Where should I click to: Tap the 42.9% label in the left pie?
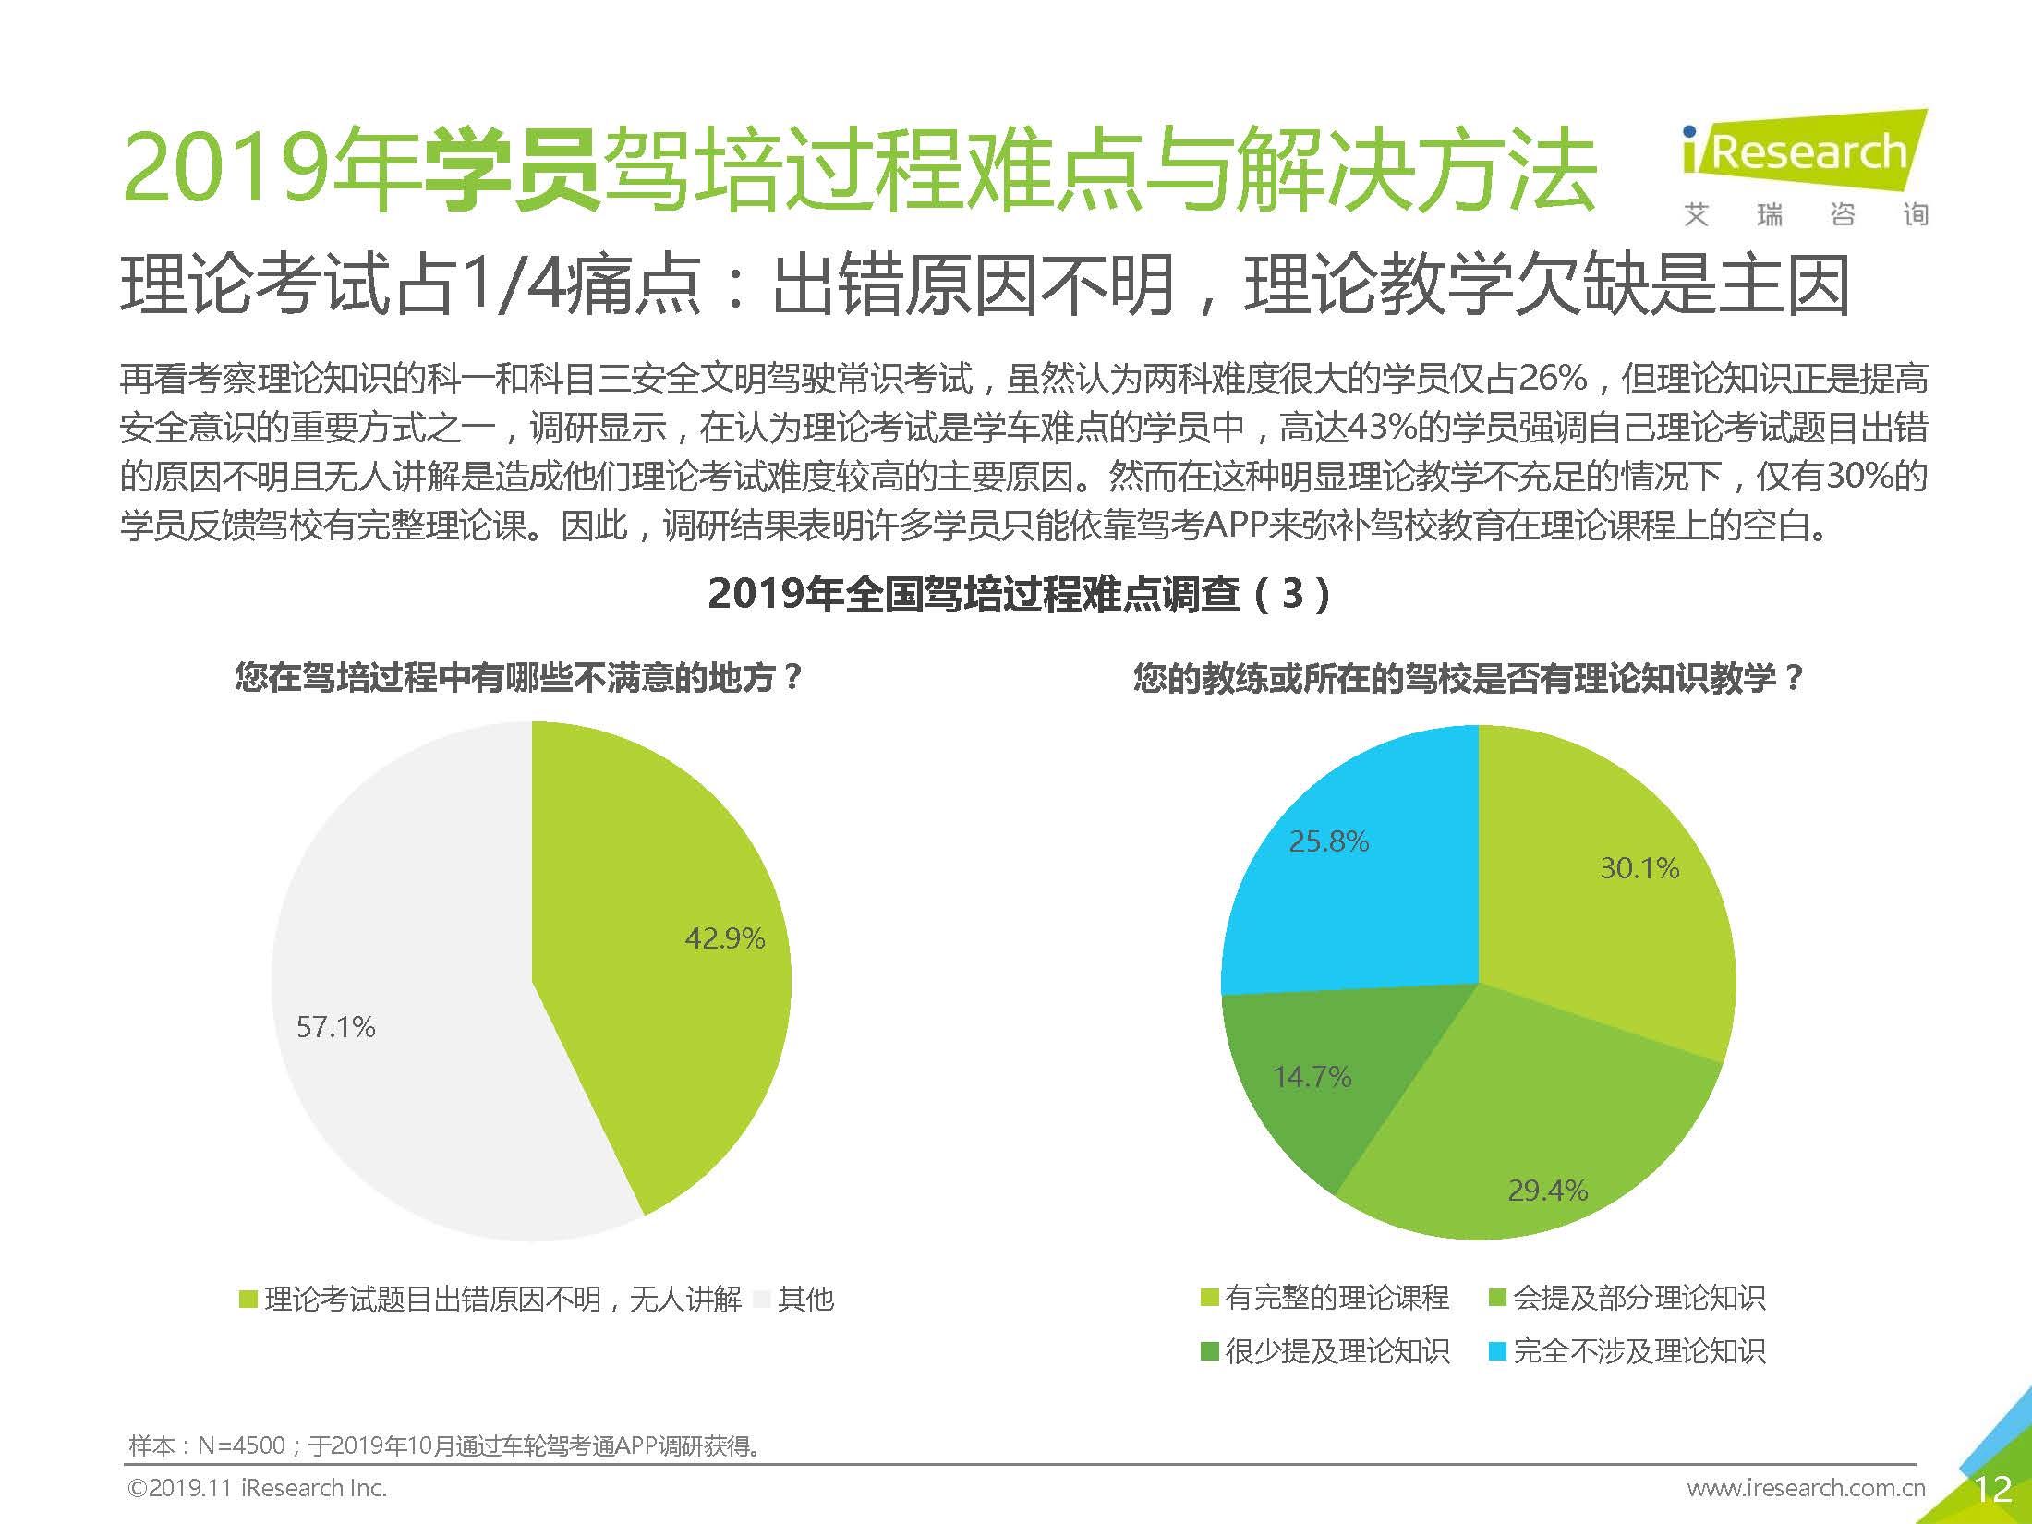pyautogui.click(x=724, y=939)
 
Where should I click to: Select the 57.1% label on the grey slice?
pyautogui.click(x=335, y=1027)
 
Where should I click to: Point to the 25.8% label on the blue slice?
pyautogui.click(x=1328, y=841)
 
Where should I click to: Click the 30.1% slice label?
pyautogui.click(x=1639, y=868)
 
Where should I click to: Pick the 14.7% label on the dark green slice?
pyautogui.click(x=1312, y=1077)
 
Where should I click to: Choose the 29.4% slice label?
pyautogui.click(x=1547, y=1191)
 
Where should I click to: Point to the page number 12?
pyautogui.click(x=1992, y=1489)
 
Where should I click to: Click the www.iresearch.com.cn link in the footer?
pyautogui.click(x=1806, y=1488)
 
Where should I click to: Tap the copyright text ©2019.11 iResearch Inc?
pyautogui.click(x=257, y=1488)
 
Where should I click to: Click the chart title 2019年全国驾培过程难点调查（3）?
pyautogui.click(x=1019, y=594)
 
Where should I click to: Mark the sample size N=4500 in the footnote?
pyautogui.click(x=241, y=1445)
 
